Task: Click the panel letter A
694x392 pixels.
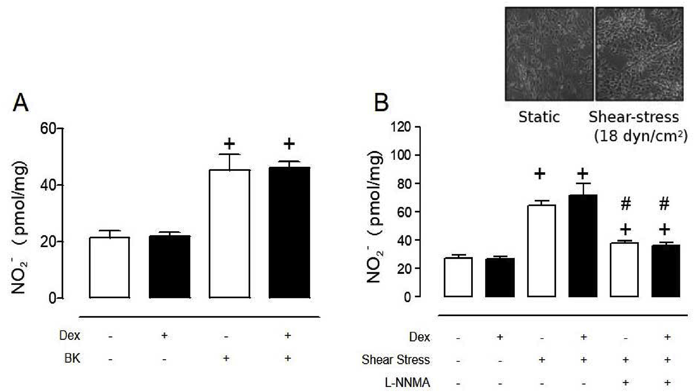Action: (x=21, y=103)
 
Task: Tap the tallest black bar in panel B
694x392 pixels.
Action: (x=583, y=246)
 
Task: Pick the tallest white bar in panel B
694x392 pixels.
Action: (x=541, y=251)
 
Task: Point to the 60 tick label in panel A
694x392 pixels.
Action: (x=48, y=129)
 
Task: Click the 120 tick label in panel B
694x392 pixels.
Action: (x=400, y=127)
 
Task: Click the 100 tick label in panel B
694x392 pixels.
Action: (x=400, y=155)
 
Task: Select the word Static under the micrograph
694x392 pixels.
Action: (x=539, y=117)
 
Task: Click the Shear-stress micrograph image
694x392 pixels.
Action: (x=639, y=54)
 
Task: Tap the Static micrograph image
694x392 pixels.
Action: (x=549, y=54)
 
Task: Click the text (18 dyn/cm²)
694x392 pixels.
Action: (x=641, y=136)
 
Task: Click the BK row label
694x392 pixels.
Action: (x=72, y=358)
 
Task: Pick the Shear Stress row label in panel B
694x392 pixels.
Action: (x=395, y=360)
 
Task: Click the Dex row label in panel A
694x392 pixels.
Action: (x=69, y=335)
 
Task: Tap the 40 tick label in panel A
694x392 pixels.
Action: (x=48, y=185)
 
